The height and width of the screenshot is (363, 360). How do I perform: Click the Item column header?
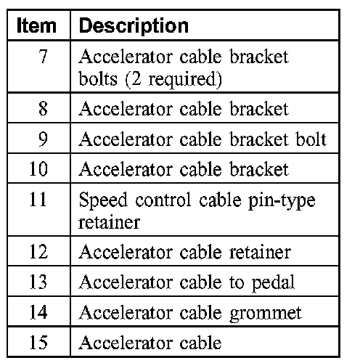coord(36,25)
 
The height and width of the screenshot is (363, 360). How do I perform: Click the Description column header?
coord(134,26)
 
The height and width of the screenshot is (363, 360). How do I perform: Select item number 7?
coord(43,56)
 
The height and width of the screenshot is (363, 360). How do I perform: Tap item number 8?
coord(43,108)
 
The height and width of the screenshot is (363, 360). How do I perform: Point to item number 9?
coord(43,139)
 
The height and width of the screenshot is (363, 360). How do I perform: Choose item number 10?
coord(38,168)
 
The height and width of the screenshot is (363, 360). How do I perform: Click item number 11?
coord(38,199)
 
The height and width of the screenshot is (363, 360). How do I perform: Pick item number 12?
coord(38,252)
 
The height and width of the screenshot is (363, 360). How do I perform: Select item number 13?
coord(38,282)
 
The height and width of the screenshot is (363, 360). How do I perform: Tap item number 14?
coord(38,311)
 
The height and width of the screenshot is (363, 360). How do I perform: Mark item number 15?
coord(38,342)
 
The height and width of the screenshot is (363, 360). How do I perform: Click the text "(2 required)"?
coord(173,79)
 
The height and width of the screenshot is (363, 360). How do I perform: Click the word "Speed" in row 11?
coord(103,200)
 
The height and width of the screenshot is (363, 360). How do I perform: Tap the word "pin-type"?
coord(282,201)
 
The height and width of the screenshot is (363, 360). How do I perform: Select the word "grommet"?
coord(266,314)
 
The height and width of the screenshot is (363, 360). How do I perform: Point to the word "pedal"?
coord(273,282)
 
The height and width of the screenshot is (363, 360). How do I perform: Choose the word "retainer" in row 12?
coord(260,252)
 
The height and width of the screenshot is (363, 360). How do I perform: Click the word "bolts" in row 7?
coord(98,78)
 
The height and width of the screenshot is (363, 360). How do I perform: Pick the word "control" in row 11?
coord(163,200)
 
